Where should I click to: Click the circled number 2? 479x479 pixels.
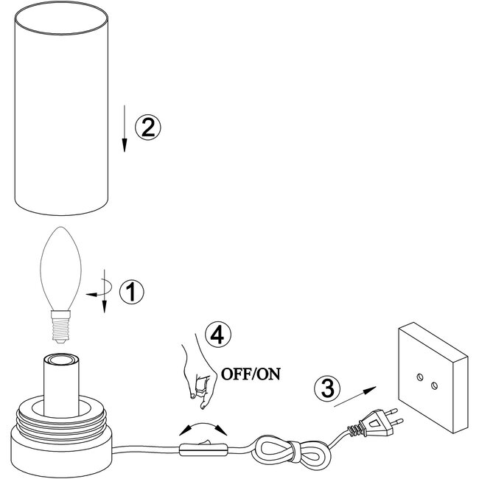(x=147, y=127)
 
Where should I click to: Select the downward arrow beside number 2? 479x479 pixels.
(x=125, y=133)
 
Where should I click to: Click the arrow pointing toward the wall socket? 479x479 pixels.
(x=353, y=396)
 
